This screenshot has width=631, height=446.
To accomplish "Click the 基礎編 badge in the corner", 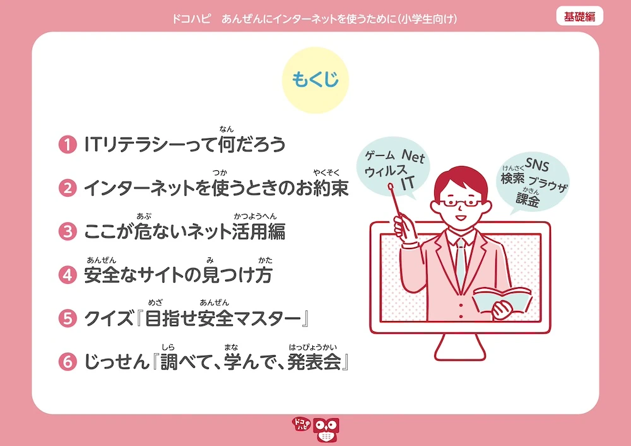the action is (x=579, y=16).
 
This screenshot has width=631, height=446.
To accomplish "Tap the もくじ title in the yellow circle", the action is (x=315, y=79).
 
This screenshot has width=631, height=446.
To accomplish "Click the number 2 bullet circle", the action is (x=68, y=188).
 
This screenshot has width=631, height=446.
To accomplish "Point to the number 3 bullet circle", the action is (x=68, y=232).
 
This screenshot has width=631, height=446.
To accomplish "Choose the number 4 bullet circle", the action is (x=68, y=275).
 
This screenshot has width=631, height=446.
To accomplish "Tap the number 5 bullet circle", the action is (x=68, y=319).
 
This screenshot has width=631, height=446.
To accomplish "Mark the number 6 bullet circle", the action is (x=68, y=361).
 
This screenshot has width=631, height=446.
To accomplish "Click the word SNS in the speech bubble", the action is (x=537, y=164).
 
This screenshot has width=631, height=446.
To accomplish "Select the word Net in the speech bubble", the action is (x=413, y=156).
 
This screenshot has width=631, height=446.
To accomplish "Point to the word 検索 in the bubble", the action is (x=512, y=178).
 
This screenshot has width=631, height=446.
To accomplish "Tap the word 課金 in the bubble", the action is (x=528, y=200).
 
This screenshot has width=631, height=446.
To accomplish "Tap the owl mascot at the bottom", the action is (x=326, y=430).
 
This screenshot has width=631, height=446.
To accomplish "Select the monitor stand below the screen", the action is (x=460, y=347).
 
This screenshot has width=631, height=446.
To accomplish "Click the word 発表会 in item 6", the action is (x=314, y=362).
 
